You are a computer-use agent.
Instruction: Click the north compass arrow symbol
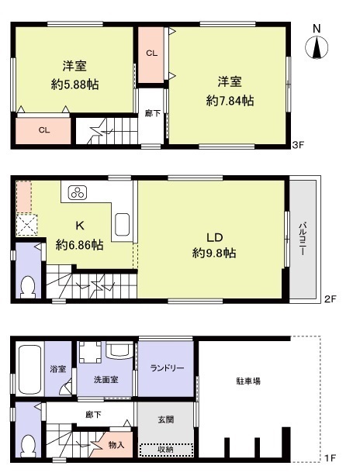click(317, 47)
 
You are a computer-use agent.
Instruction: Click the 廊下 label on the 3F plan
click(152, 113)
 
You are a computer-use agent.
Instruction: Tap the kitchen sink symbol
click(123, 226)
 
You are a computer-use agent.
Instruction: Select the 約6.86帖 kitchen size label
click(79, 245)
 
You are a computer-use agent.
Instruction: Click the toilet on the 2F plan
click(27, 286)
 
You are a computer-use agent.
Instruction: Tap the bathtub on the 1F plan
click(28, 370)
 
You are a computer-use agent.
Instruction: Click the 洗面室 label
click(105, 381)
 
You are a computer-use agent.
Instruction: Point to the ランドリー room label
click(167, 368)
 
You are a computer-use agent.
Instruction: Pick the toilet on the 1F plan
click(27, 444)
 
